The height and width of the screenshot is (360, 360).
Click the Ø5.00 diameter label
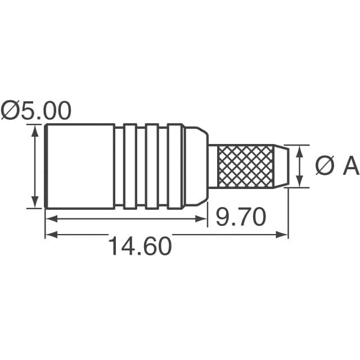(x=37, y=110)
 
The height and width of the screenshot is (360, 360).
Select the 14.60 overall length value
(x=139, y=246)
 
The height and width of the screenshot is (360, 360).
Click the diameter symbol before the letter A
(x=324, y=166)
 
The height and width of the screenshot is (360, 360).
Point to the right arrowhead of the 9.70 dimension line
(x=204, y=219)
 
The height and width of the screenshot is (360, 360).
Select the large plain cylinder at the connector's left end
(x=79, y=166)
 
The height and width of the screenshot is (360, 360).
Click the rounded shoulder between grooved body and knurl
(x=196, y=166)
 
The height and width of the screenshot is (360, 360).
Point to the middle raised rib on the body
(x=151, y=166)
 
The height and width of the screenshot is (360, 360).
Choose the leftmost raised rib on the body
(x=130, y=166)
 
